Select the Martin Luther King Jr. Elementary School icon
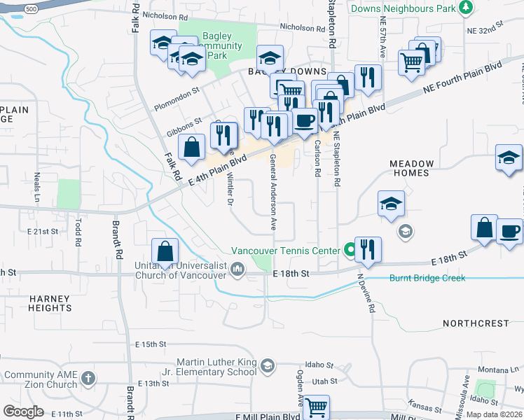pyautogui.click(x=267, y=365)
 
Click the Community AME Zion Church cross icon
pyautogui.click(x=88, y=379)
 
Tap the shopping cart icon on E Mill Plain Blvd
pyautogui.click(x=316, y=407)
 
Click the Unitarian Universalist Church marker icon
pyautogui.click(x=238, y=268)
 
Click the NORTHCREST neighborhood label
pyautogui.click(x=476, y=323)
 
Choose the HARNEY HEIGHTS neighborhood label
pyautogui.click(x=50, y=303)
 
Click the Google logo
pyautogui.click(x=23, y=411)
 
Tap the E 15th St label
pyautogui.click(x=153, y=344)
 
